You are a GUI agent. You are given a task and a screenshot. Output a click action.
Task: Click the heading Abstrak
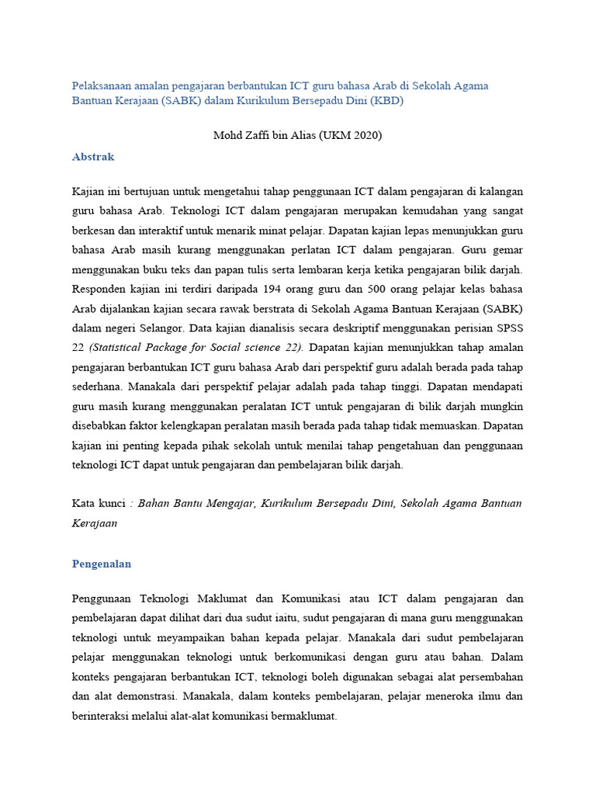[x=93, y=157]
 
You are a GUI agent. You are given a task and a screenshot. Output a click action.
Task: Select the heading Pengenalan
[x=102, y=564]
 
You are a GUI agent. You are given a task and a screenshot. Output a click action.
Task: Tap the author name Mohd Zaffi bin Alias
[x=263, y=135]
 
